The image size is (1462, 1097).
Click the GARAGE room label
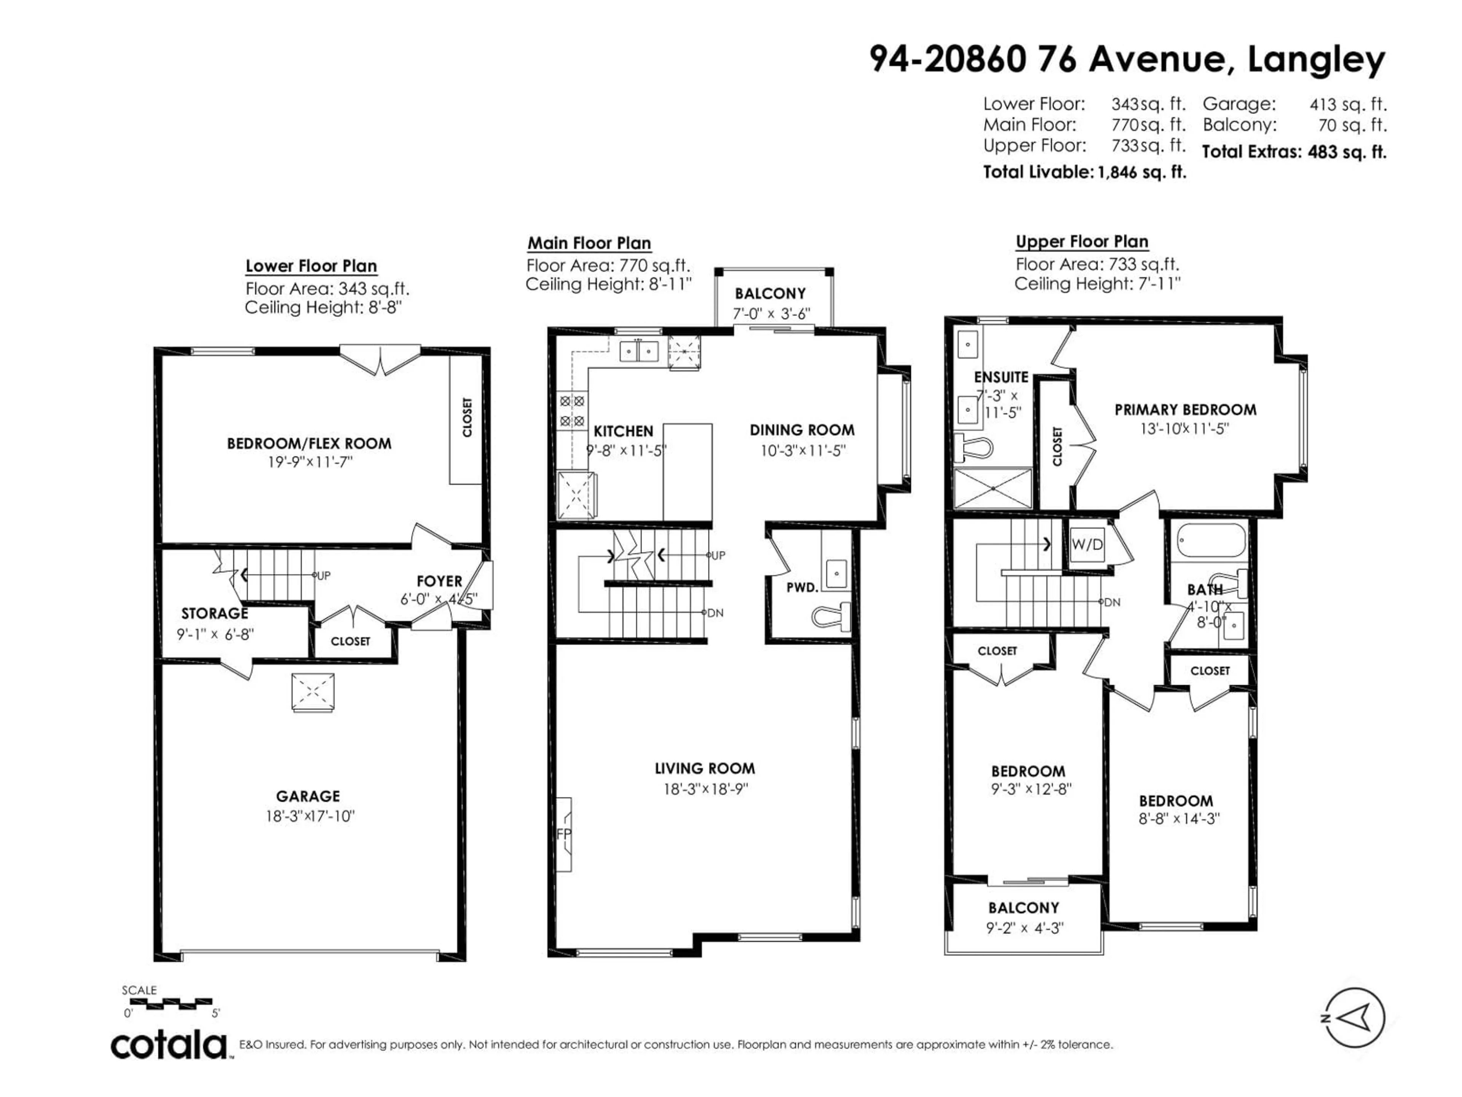308,796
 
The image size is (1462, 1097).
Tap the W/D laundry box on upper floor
1087,545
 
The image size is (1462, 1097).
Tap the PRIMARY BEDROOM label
1185,410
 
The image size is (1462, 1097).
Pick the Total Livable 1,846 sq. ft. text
1084,173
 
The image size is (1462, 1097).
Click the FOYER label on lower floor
439,581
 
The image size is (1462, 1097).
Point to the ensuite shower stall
993,488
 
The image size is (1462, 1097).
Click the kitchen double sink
638,350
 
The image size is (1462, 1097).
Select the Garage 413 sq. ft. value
1348,104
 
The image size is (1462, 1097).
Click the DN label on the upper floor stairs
1112,602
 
